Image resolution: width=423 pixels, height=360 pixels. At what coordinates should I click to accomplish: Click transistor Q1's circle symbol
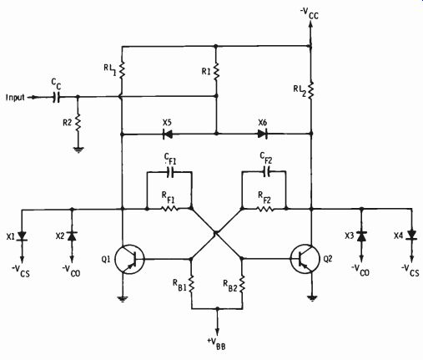116,259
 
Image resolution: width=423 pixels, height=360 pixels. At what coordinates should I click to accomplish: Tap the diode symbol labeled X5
167,134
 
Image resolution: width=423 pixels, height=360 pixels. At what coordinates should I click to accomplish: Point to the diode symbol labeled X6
263,134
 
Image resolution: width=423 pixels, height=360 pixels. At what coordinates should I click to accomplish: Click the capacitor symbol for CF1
170,172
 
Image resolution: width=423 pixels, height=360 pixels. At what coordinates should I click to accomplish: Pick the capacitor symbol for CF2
266,171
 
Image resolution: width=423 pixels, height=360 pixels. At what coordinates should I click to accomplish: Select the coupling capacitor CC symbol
57,97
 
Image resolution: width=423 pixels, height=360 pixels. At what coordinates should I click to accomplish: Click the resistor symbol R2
78,123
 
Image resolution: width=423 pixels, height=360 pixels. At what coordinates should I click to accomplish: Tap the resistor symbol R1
216,72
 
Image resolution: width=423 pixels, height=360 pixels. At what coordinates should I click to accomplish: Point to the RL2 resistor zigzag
311,89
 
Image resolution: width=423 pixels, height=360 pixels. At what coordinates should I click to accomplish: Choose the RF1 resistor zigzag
169,208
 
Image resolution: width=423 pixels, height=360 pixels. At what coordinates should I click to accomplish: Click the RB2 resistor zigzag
242,284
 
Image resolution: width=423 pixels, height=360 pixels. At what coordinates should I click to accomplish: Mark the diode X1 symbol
23,236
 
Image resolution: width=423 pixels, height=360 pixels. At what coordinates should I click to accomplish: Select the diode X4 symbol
411,236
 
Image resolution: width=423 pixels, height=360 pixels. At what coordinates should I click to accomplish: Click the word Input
15,97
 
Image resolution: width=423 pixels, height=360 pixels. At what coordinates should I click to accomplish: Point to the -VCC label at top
310,14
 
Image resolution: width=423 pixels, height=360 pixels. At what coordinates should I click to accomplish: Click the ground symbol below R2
78,150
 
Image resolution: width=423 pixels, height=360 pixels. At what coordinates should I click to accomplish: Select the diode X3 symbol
361,236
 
